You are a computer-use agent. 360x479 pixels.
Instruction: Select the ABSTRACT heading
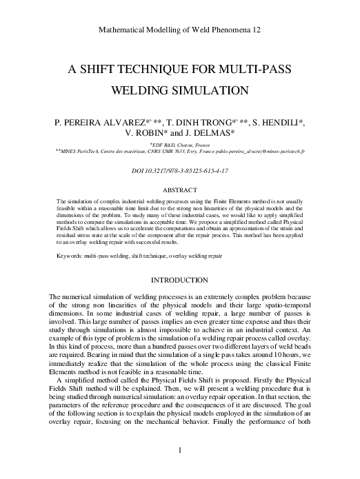coord(179,188)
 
